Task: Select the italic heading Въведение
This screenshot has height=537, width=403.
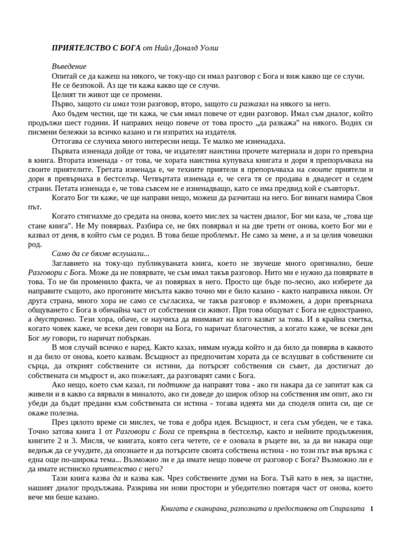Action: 69,67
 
